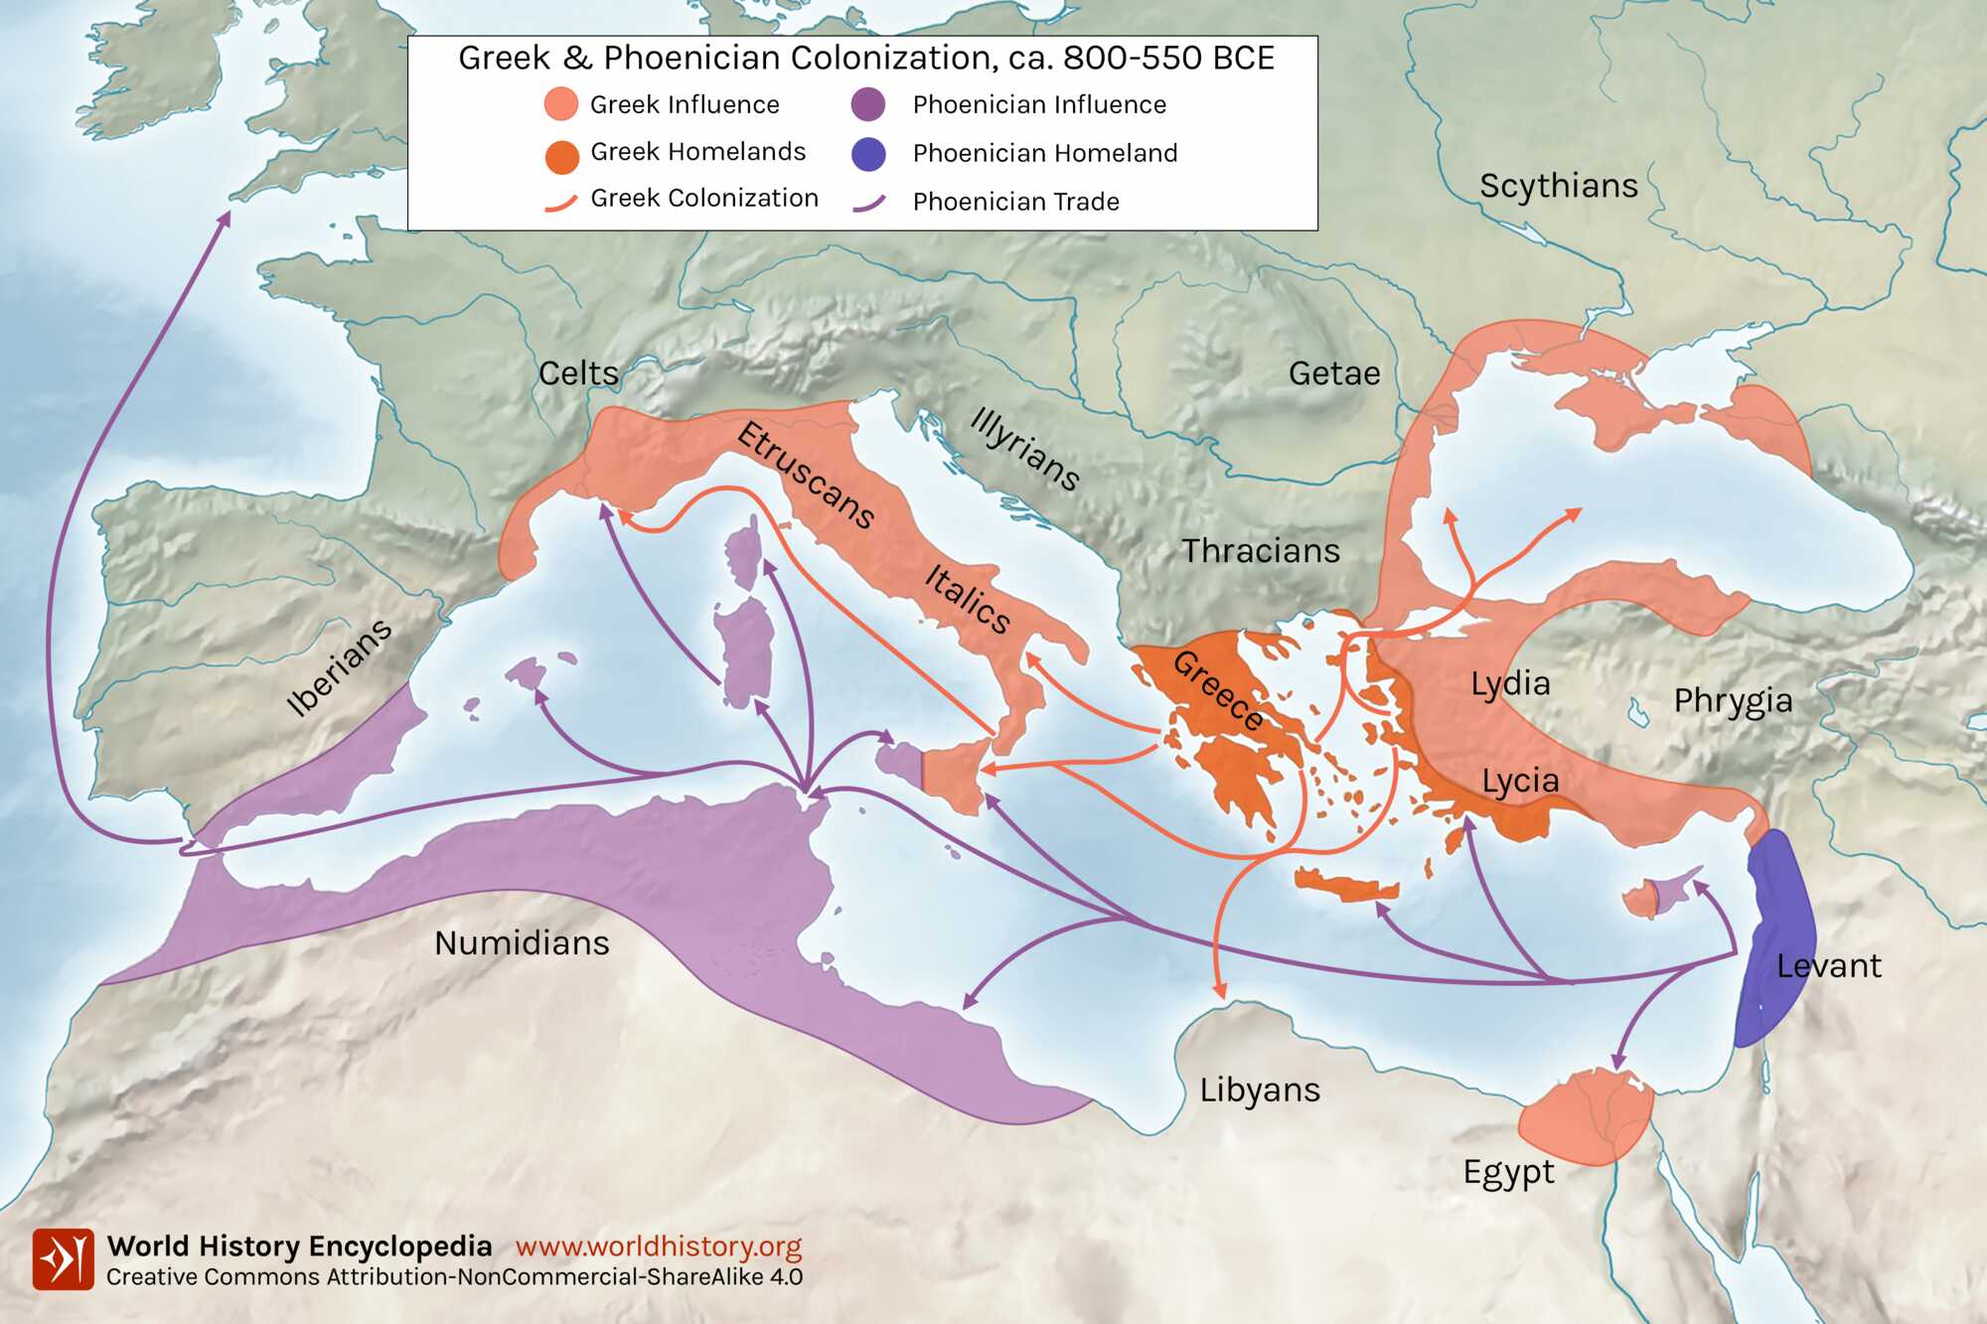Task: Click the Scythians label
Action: pyautogui.click(x=1558, y=186)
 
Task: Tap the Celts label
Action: pyautogui.click(x=578, y=373)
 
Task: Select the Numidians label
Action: pyautogui.click(x=522, y=943)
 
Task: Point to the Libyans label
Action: pyautogui.click(x=1260, y=1090)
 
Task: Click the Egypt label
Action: pyautogui.click(x=1508, y=1172)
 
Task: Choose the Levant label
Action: pyautogui.click(x=1828, y=965)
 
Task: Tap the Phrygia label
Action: pyautogui.click(x=1733, y=701)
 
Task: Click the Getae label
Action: pyautogui.click(x=1334, y=373)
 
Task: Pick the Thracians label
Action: pyautogui.click(x=1261, y=550)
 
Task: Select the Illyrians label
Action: pyautogui.click(x=1024, y=449)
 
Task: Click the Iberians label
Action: pyautogui.click(x=339, y=667)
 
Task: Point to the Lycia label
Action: pyautogui.click(x=1520, y=781)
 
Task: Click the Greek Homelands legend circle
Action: pyautogui.click(x=562, y=156)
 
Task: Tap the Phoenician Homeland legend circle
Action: pyautogui.click(x=868, y=154)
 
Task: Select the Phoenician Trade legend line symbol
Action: pyautogui.click(x=868, y=204)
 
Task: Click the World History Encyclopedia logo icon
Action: pyautogui.click(x=63, y=1259)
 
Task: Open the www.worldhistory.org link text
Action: pyautogui.click(x=658, y=1247)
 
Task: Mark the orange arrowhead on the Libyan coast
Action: pyautogui.click(x=1220, y=991)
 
